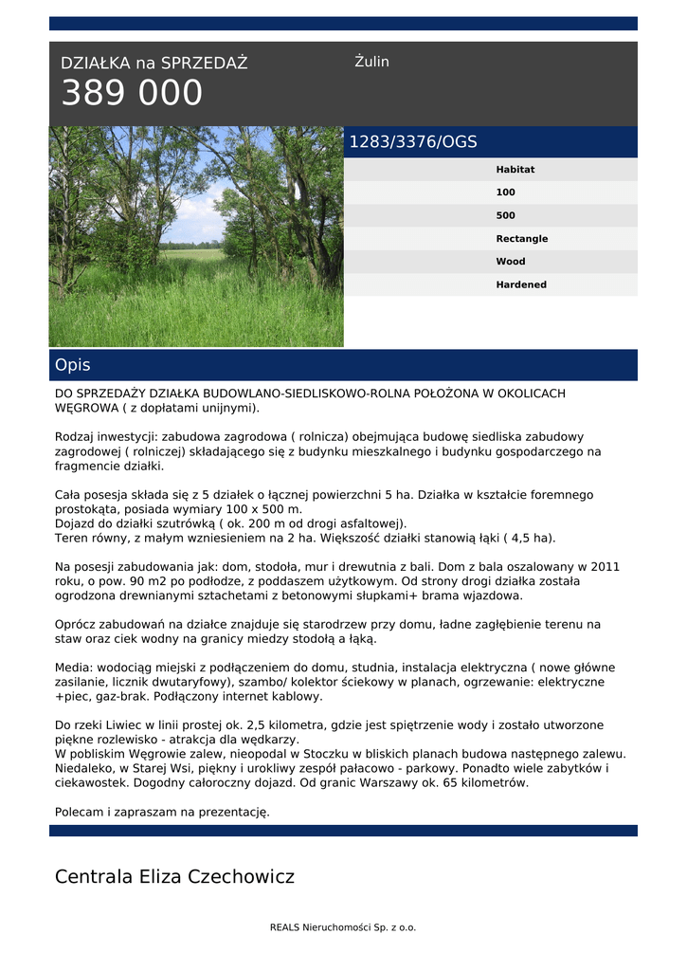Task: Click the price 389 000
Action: click(132, 94)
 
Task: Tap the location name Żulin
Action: click(371, 62)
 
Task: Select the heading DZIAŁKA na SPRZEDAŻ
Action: click(154, 64)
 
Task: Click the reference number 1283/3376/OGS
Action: click(413, 142)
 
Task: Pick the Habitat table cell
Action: click(515, 170)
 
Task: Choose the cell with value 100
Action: click(505, 192)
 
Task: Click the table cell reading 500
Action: click(505, 215)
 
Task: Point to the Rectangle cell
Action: click(521, 239)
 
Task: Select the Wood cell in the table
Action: click(510, 262)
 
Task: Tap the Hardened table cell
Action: click(520, 284)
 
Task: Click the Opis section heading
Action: click(73, 365)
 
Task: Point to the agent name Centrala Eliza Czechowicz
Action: click(174, 877)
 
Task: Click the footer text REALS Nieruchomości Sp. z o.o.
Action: click(343, 927)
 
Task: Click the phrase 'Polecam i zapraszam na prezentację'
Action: click(162, 812)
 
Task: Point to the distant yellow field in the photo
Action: click(193, 255)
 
